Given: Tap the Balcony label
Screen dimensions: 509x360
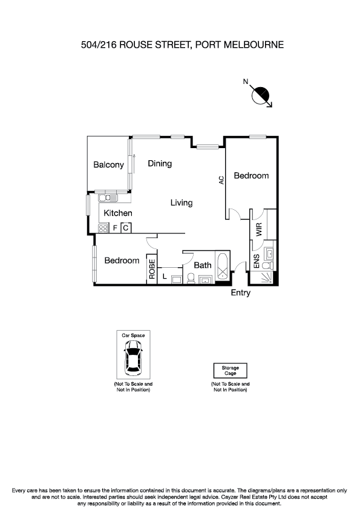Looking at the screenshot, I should [x=108, y=164].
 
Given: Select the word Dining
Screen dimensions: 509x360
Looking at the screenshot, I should [x=160, y=163].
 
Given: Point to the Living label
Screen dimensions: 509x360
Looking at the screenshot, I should [x=181, y=203].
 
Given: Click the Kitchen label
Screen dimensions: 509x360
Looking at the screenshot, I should [x=118, y=213].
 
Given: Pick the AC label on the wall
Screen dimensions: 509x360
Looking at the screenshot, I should [x=221, y=180].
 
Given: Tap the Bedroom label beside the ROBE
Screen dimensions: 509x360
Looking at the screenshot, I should [x=122, y=261].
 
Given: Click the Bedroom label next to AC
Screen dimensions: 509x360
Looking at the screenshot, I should [x=251, y=175].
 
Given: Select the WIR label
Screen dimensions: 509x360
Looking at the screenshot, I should [x=259, y=229].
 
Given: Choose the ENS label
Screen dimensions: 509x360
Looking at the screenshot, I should [x=257, y=261].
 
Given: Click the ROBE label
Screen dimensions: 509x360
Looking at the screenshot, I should [x=152, y=268].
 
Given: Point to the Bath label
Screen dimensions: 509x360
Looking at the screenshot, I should [x=202, y=265].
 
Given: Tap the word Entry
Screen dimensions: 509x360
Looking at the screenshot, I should [x=240, y=293].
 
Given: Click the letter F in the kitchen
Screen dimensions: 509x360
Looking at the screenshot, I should [x=115, y=229].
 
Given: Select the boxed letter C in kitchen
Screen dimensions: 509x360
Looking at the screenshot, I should [x=125, y=228].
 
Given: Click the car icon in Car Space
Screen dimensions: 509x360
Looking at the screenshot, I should [x=133, y=357].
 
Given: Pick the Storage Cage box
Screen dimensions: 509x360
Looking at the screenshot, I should [x=230, y=371].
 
